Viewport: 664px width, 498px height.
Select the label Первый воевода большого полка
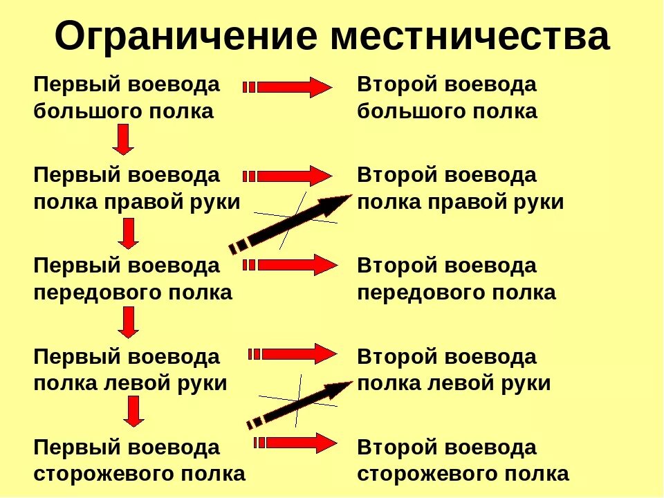click(127, 98)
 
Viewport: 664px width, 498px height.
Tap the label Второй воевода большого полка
click(447, 98)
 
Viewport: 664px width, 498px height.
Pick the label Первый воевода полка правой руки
click(137, 189)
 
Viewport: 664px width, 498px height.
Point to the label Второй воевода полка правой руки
click(460, 189)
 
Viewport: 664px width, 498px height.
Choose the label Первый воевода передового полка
click(133, 279)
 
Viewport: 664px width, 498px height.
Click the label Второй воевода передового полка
click(456, 279)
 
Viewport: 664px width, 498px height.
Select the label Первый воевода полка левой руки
click(130, 370)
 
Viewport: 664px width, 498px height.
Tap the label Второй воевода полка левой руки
click(454, 370)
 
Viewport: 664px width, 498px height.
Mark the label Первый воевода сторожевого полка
click(139, 461)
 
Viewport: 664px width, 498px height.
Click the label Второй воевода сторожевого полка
click(463, 461)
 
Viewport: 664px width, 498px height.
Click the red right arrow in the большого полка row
click(288, 88)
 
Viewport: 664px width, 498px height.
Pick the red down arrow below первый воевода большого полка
click(123, 139)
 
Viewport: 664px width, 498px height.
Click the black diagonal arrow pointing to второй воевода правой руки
click(290, 221)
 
